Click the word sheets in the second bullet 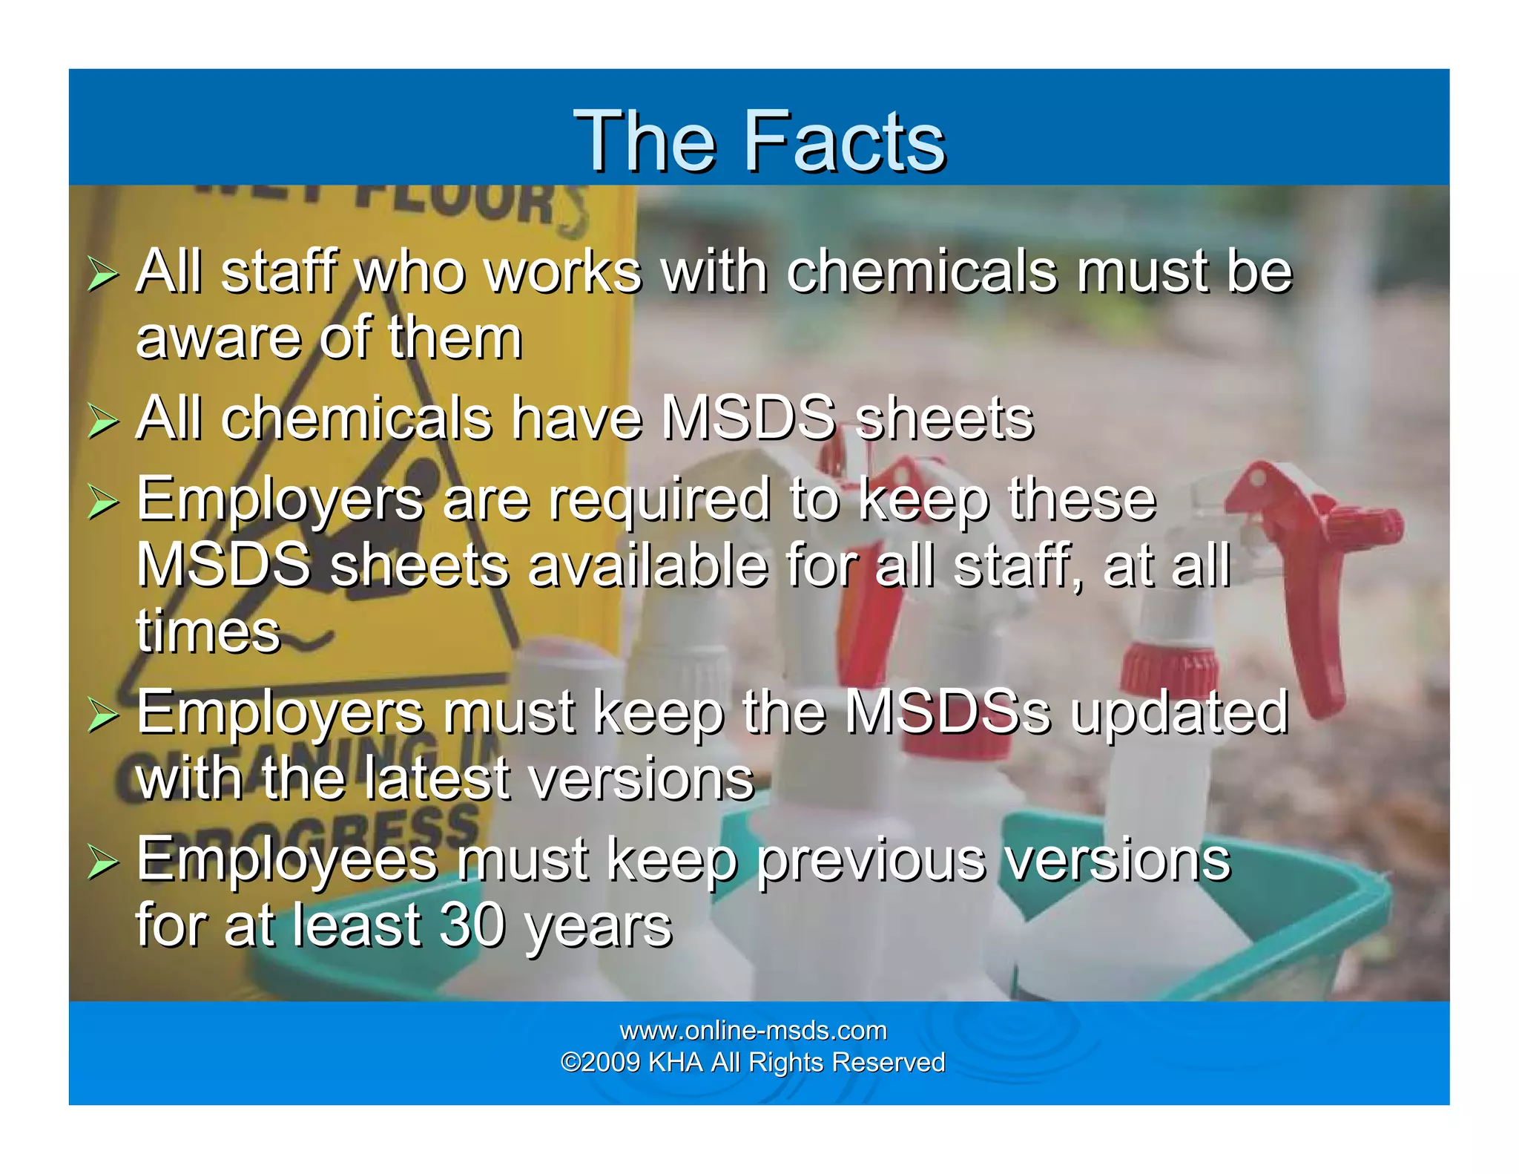coord(943,419)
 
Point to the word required coord(659,499)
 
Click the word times coord(208,632)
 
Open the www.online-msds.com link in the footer coord(753,1031)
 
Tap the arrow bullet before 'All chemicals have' coord(102,422)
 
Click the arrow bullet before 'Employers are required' coord(102,502)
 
